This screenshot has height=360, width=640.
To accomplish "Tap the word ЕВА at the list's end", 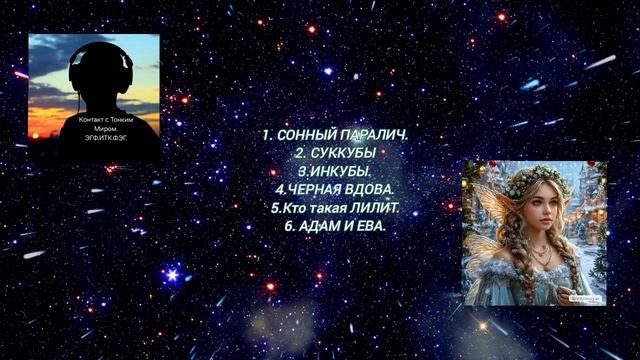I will tap(368, 226).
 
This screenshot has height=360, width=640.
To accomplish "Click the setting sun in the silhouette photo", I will tap(46, 122).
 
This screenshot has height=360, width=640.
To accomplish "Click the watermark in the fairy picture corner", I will tap(585, 297).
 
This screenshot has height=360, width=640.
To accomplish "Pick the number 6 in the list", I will tap(289, 226).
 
